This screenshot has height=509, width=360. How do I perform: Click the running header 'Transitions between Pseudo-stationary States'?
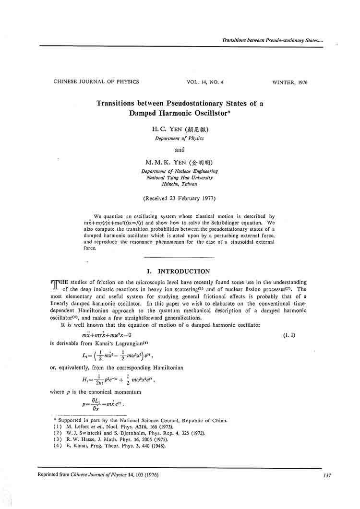(272, 40)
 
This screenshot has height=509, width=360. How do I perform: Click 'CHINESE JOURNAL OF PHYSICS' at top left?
(96, 82)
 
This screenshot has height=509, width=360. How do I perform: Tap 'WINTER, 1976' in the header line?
(289, 83)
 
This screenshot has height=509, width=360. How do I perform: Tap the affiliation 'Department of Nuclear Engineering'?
(180, 171)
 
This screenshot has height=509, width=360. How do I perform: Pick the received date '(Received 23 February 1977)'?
(180, 198)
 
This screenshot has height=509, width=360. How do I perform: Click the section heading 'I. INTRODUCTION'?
(180, 272)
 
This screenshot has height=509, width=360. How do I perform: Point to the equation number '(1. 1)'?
(289, 335)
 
